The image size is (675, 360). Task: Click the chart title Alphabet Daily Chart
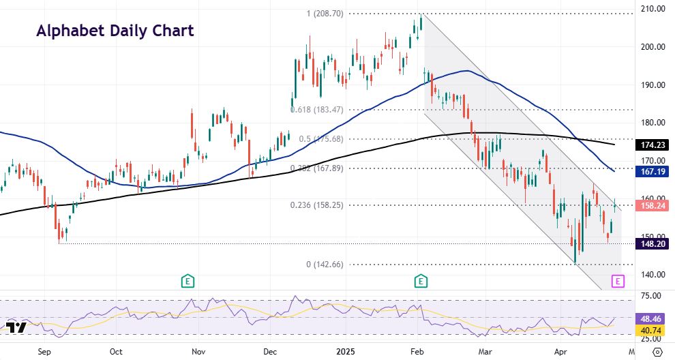115,31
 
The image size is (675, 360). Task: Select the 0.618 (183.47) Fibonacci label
317,109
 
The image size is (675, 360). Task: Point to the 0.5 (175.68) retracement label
324,139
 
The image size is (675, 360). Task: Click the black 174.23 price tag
652,145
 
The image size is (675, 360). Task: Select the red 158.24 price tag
652,205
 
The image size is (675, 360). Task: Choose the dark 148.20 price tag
652,243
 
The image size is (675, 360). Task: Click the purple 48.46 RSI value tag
652,318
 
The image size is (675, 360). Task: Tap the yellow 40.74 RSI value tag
652,329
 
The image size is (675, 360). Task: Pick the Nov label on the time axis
198,352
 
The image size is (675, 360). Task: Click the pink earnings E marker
618,280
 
